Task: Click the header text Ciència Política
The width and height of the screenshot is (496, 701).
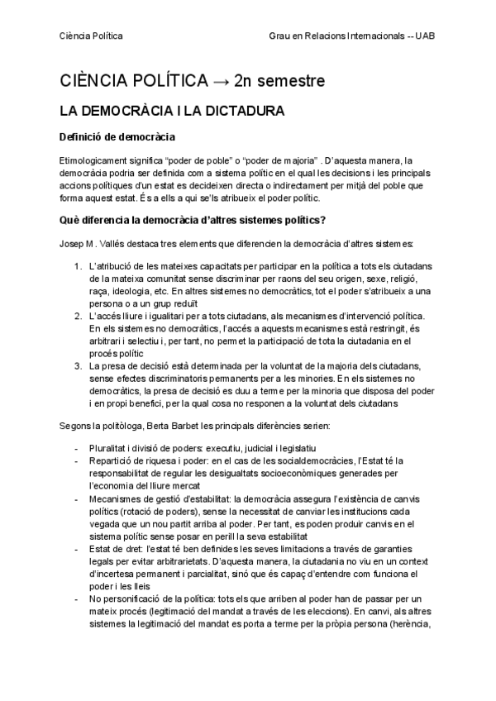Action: (91, 36)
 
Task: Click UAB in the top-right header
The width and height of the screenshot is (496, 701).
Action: (425, 36)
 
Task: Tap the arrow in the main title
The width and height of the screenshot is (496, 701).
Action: (219, 81)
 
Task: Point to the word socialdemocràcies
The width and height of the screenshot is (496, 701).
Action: (298, 460)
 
